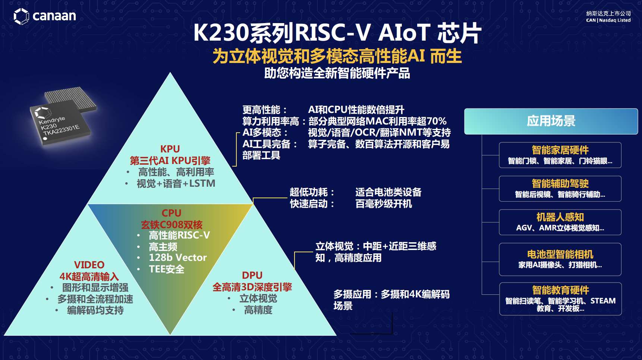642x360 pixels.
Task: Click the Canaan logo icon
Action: pos(21,16)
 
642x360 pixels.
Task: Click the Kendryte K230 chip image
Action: pos(63,116)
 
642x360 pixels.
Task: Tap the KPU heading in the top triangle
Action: pos(170,149)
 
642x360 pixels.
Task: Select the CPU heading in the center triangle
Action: pos(171,213)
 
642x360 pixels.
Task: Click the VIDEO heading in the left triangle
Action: pos(89,265)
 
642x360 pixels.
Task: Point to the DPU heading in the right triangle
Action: pos(252,275)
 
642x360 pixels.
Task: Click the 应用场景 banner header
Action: pos(551,121)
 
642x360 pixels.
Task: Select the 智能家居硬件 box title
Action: pos(560,150)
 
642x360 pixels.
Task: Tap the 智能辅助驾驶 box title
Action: pos(560,184)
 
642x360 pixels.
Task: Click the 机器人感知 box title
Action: pos(560,217)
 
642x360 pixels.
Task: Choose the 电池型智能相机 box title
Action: pos(560,255)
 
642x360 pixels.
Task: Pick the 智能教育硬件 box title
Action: pos(560,290)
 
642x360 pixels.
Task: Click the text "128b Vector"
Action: pos(178,258)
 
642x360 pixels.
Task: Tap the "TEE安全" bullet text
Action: pos(167,269)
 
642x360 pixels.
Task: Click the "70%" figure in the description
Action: pos(437,121)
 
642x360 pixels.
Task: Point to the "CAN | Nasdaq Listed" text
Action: pos(608,20)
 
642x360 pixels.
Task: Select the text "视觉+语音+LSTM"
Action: pos(176,183)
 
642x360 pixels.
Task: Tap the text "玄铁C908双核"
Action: pos(171,225)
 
